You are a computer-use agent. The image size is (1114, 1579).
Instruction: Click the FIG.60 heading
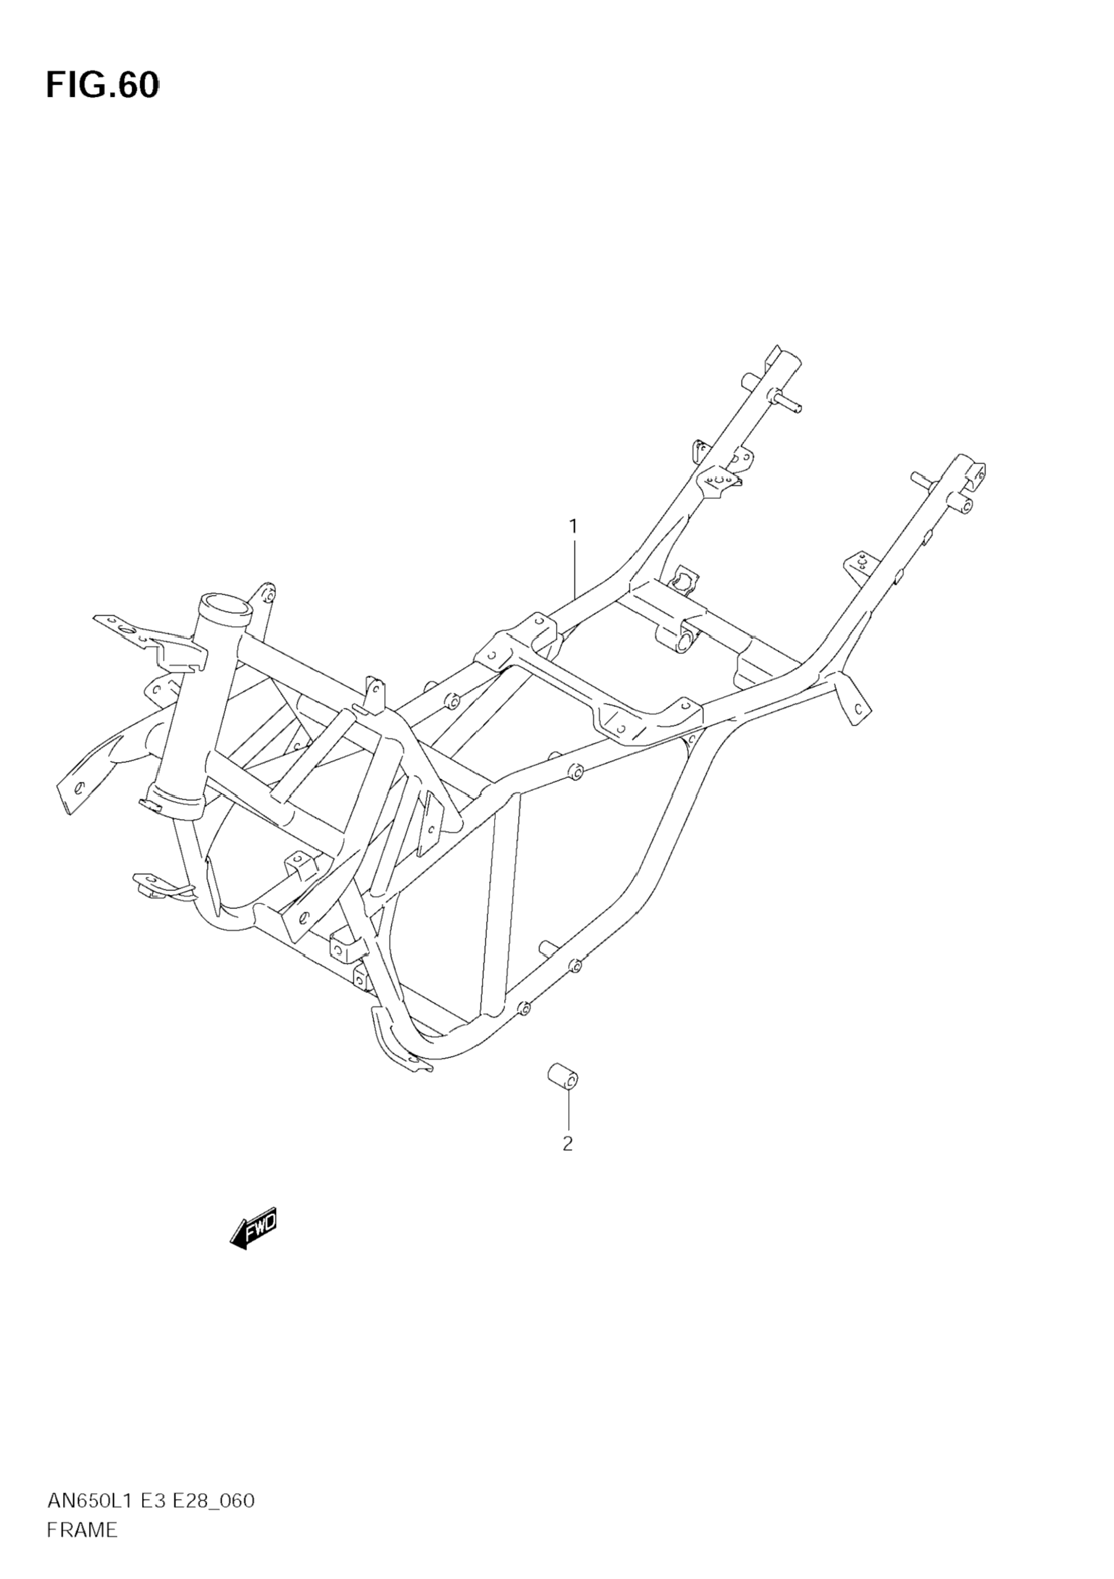click(102, 86)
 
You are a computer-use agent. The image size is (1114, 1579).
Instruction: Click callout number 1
click(573, 527)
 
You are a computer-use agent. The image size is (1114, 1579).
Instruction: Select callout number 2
click(567, 1144)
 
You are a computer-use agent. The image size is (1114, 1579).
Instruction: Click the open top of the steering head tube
click(224, 607)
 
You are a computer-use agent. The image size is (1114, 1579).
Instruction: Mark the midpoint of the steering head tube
click(196, 705)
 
